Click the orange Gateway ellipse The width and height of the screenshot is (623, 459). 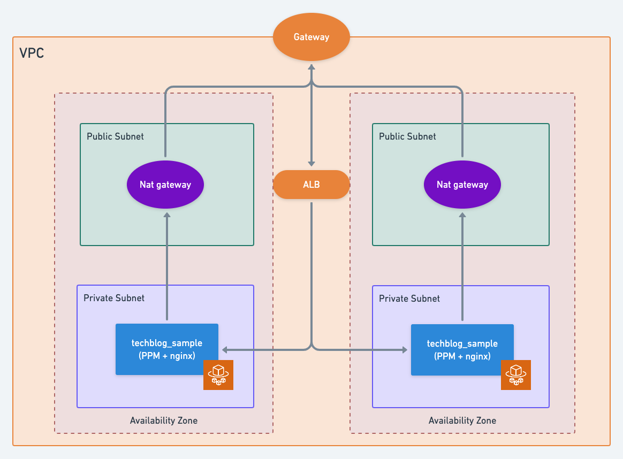tap(311, 37)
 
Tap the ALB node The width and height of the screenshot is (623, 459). tap(311, 185)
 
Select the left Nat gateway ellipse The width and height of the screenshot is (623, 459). tap(165, 185)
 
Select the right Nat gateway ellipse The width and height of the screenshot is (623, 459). tap(462, 185)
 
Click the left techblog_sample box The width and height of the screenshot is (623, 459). tap(167, 349)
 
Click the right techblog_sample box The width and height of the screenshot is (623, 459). tap(462, 350)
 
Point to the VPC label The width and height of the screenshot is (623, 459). tap(32, 53)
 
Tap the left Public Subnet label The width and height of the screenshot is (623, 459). tap(115, 136)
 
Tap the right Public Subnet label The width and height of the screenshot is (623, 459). tap(407, 136)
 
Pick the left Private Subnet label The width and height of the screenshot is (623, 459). tap(114, 298)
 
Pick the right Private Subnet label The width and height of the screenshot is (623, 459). tap(409, 299)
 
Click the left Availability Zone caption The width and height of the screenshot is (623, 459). tap(164, 420)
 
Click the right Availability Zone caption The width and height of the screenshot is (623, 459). tap(462, 420)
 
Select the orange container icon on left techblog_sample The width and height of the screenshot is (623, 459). tap(218, 375)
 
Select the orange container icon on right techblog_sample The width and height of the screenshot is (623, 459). tap(516, 375)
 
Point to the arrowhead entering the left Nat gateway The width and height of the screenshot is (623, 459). tap(167, 215)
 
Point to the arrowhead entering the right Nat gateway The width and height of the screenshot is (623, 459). tap(462, 215)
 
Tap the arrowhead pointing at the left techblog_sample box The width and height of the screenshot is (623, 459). tap(224, 350)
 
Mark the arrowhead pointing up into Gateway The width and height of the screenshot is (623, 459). tap(311, 67)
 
